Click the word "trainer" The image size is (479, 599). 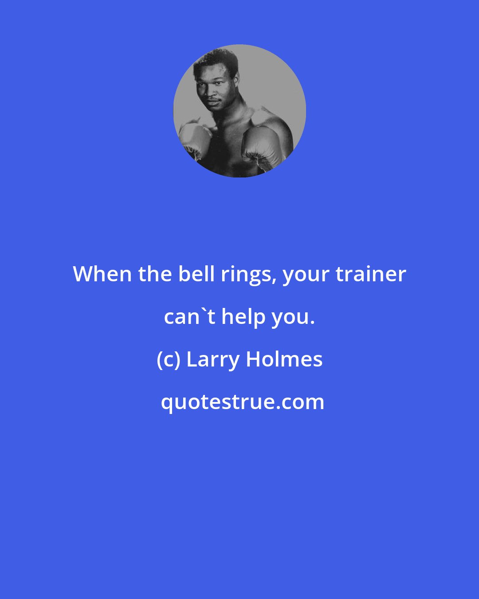coord(371,274)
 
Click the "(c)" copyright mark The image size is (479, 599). coord(169,359)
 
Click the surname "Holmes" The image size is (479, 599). coord(284,359)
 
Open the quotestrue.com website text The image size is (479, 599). coord(243,402)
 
